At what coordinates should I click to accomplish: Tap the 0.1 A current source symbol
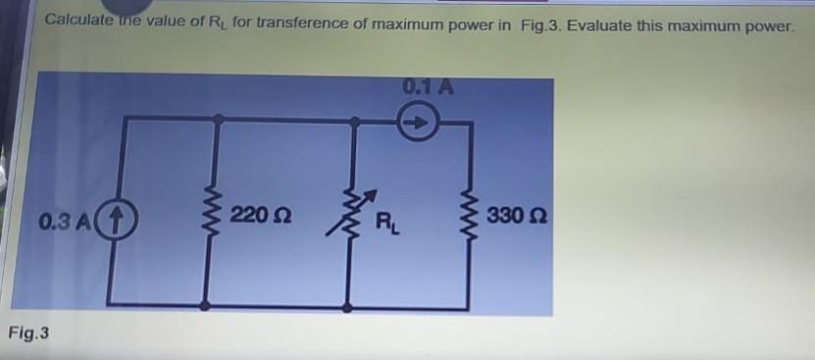[416, 125]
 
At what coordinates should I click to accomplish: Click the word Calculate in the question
[78, 20]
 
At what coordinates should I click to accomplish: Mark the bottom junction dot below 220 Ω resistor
[205, 306]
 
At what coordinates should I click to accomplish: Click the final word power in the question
[767, 24]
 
